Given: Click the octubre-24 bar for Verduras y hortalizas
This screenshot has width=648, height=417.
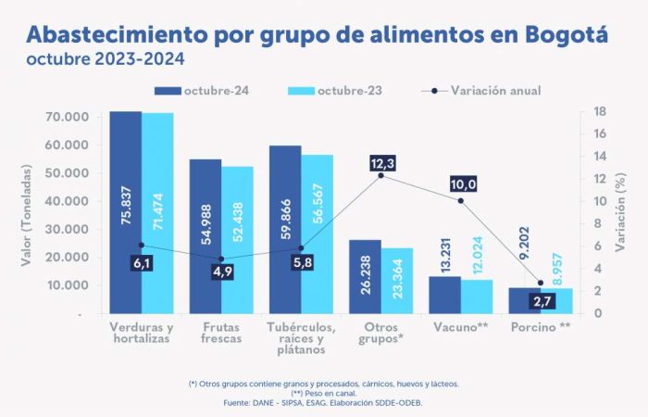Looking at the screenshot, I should click(x=125, y=212).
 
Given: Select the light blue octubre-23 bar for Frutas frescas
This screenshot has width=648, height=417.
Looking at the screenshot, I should click(x=237, y=240).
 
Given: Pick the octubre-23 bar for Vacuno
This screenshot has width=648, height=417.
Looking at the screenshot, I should click(x=477, y=296).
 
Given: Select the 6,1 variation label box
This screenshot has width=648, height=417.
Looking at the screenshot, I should click(x=141, y=263).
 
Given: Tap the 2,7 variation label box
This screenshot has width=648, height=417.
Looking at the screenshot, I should click(x=542, y=301).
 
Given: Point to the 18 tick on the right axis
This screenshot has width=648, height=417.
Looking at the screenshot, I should click(x=599, y=111).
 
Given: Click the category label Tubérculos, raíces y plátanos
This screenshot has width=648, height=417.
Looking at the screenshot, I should click(x=301, y=338).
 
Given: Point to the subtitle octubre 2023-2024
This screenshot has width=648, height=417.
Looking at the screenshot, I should click(x=105, y=59).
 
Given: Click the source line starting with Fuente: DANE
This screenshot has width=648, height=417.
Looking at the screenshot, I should click(x=323, y=402).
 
